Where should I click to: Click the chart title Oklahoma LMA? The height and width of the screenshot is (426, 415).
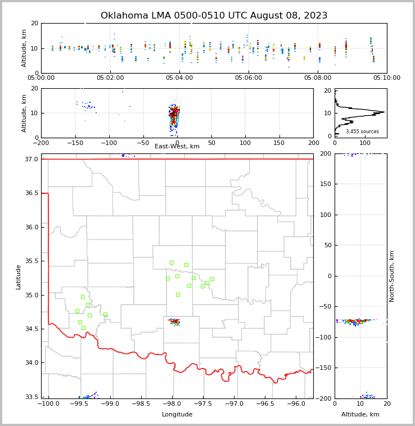(x=214, y=16)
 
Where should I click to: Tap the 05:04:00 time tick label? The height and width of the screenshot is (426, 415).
(x=179, y=78)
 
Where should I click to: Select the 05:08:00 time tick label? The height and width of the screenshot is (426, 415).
(x=318, y=78)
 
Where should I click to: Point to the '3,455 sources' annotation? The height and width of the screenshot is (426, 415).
(x=362, y=132)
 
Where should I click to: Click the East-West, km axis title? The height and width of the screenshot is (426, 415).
(x=177, y=147)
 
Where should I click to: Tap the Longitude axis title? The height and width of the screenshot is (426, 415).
(x=177, y=415)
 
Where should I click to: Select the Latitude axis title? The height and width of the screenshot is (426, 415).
(x=19, y=277)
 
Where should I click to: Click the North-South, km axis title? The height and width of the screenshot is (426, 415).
(x=393, y=276)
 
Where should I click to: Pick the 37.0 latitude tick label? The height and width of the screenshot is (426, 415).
(x=32, y=159)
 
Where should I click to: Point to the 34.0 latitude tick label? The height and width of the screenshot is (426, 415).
(x=32, y=363)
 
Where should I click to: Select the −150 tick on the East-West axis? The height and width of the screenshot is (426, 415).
(x=75, y=143)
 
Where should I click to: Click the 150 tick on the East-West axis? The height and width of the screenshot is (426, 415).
(x=279, y=143)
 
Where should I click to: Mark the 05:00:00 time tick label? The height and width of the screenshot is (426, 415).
(x=41, y=78)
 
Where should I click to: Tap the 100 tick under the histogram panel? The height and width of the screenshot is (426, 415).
(x=365, y=143)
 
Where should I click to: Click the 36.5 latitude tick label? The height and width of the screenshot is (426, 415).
(x=32, y=193)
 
